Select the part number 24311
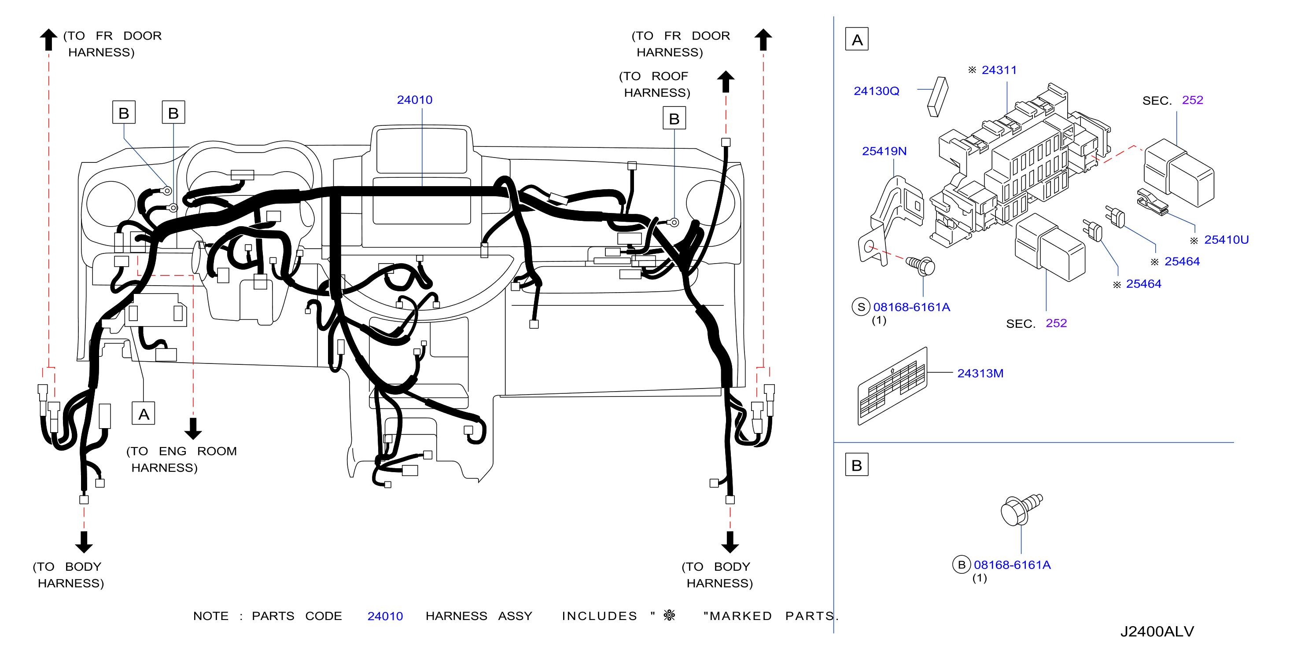999,70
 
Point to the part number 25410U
1226,240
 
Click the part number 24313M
980,374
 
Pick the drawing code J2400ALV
1157,631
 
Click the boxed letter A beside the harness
144,414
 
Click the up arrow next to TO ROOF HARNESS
726,82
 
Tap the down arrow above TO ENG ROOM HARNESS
193,429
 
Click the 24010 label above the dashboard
415,100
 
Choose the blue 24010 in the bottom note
385,616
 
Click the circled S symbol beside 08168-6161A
861,307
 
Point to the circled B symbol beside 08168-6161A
962,565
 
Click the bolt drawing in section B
1021,509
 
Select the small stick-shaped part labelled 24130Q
938,96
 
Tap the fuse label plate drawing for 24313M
892,386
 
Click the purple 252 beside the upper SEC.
1192,100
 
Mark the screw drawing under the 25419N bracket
920,265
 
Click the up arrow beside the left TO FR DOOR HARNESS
48,39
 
